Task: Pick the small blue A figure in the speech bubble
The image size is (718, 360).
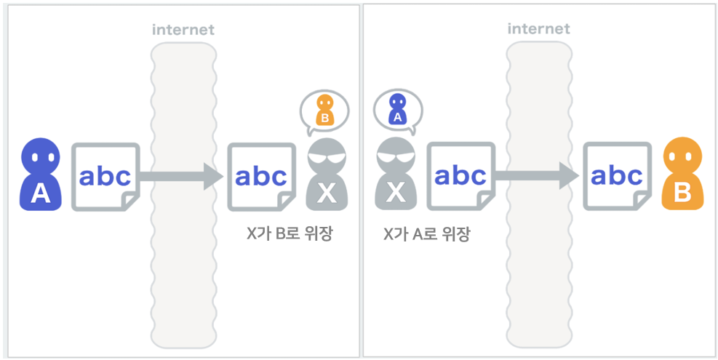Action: tap(396, 109)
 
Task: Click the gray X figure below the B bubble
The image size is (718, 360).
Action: tap(327, 175)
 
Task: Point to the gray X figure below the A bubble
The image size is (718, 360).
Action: tap(396, 175)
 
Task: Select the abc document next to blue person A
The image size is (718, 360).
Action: tap(105, 177)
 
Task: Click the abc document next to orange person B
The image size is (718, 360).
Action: tap(618, 177)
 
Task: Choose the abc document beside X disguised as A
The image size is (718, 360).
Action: tap(460, 177)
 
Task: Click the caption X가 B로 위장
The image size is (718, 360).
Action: tap(290, 234)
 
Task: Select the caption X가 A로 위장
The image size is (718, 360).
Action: tap(426, 234)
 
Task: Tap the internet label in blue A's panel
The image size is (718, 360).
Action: tap(183, 30)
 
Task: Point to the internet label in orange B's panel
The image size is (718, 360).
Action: tap(538, 30)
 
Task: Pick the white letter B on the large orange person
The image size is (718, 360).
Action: tap(682, 191)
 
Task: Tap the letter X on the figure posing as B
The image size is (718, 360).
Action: tap(327, 192)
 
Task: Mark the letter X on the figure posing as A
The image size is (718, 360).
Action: tap(396, 192)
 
